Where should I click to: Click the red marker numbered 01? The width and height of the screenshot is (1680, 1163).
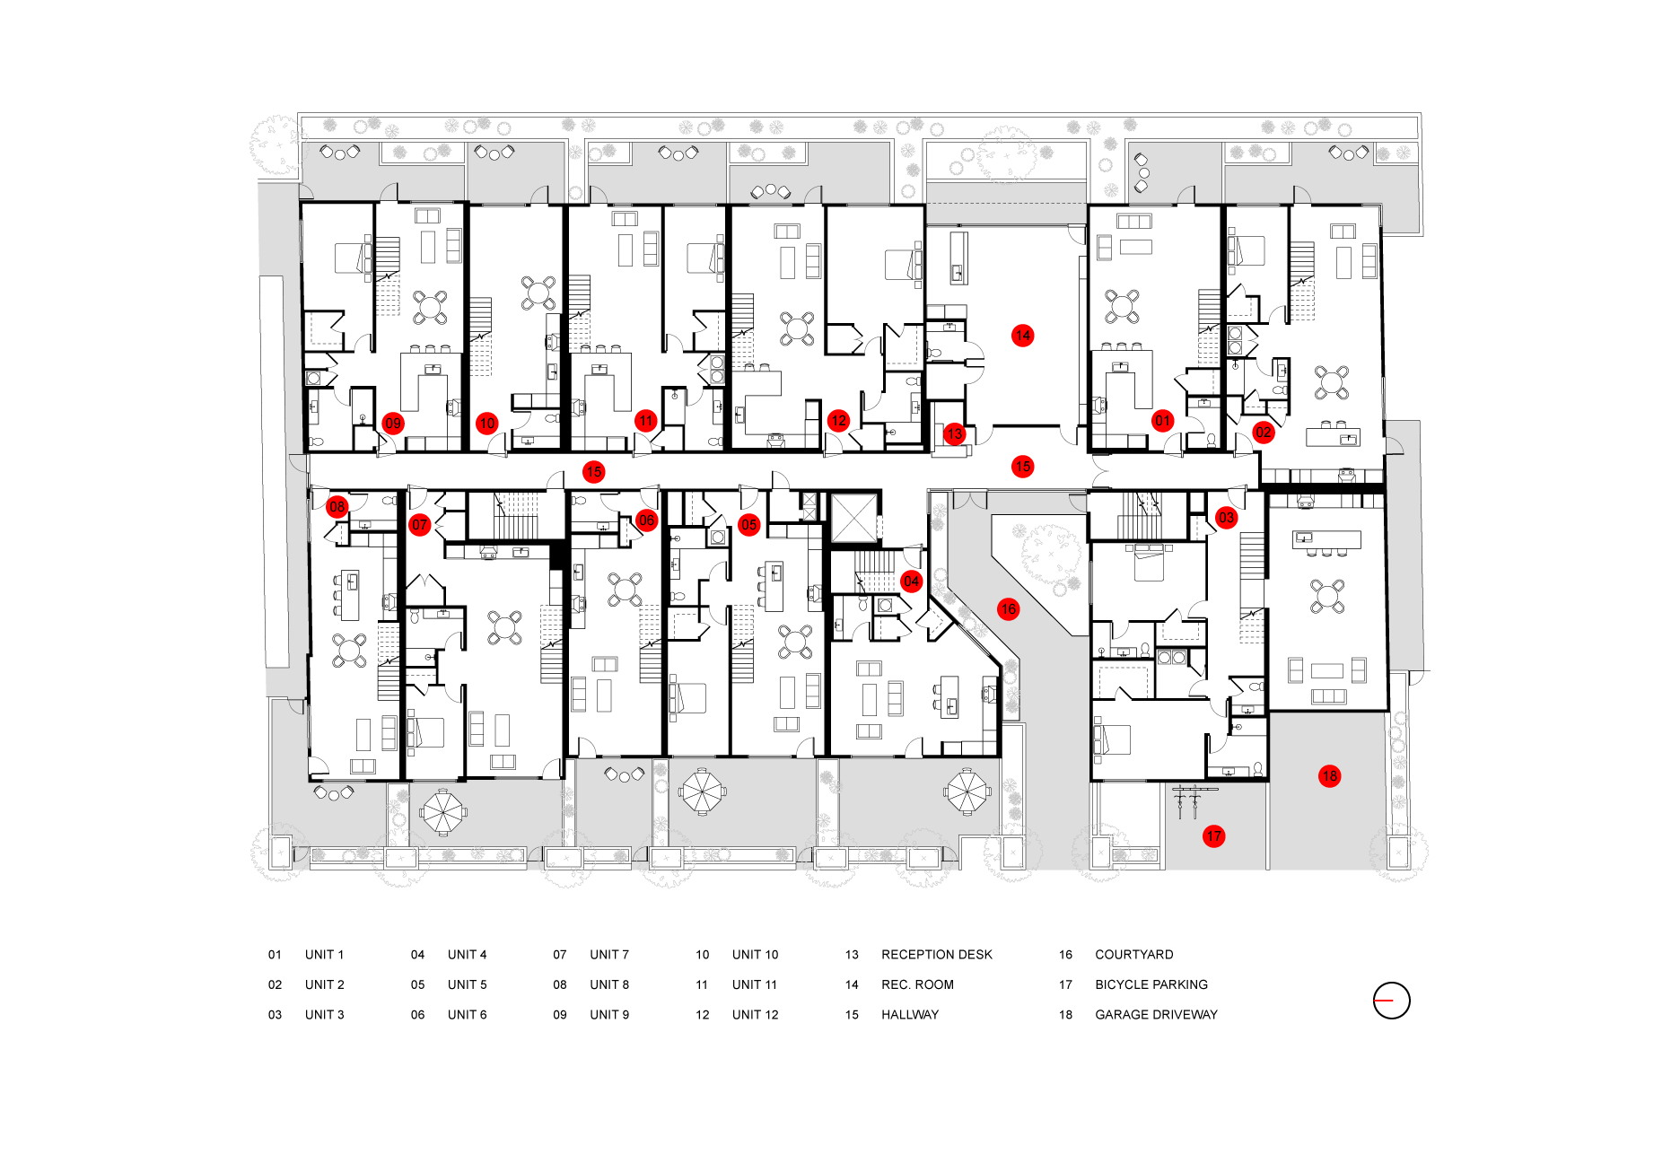[x=1163, y=421]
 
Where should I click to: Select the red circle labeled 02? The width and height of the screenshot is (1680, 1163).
[x=1264, y=433]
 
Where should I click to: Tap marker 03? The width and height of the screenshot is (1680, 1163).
[x=1227, y=518]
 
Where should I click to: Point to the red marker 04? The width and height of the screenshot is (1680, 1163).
[x=912, y=581]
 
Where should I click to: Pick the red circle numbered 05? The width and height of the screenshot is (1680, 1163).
[x=749, y=525]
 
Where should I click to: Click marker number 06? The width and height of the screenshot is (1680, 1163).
[x=647, y=520]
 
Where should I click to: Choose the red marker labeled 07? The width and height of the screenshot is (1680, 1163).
[x=420, y=525]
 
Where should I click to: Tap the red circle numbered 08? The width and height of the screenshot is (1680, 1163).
[x=337, y=507]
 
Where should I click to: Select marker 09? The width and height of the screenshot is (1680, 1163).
[x=393, y=424]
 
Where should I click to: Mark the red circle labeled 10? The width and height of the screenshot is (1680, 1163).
[x=487, y=424]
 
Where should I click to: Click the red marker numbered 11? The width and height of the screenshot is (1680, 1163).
[x=646, y=421]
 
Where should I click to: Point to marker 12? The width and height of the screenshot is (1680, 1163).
[x=839, y=421]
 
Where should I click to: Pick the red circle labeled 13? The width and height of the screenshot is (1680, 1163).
[x=955, y=434]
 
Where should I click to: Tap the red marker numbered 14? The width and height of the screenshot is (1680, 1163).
[x=1023, y=336]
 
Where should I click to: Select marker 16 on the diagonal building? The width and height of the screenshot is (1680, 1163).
[x=1009, y=609]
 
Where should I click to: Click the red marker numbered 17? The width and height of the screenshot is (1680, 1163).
[x=1214, y=836]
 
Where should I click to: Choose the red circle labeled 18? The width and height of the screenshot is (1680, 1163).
[x=1330, y=776]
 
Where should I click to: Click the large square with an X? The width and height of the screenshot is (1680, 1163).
[x=854, y=518]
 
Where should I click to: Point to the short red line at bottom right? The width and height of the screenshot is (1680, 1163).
[x=1384, y=1000]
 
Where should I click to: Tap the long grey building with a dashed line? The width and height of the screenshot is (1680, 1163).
[x=1006, y=203]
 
